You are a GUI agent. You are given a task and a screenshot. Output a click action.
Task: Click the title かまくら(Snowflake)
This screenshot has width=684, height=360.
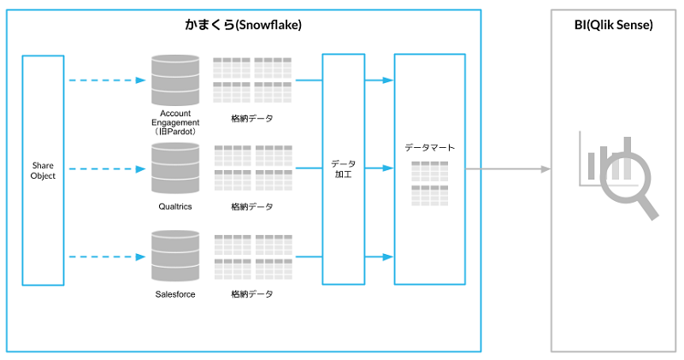[x=243, y=26]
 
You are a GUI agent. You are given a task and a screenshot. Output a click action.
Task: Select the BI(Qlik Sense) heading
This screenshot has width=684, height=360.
[x=613, y=26]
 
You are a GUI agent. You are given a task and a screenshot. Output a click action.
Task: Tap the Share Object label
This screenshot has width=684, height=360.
[x=43, y=170]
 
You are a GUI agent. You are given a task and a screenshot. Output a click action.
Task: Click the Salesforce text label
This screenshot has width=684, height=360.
[x=174, y=294]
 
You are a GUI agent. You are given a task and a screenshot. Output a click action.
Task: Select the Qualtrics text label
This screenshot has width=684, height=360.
[x=174, y=207]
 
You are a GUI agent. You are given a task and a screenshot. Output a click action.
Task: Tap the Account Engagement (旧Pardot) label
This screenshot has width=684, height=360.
[x=175, y=122]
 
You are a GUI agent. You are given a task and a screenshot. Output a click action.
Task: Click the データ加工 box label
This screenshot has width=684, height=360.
[x=344, y=169]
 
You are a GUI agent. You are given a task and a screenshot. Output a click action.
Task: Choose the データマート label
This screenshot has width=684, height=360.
[x=429, y=147]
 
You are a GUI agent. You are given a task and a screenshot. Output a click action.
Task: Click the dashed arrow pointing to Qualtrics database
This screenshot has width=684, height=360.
[x=107, y=169]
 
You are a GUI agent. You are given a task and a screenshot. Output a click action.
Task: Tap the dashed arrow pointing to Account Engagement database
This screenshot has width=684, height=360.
[x=107, y=80]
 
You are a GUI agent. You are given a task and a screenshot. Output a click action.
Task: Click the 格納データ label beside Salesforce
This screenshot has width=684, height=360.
[x=252, y=294]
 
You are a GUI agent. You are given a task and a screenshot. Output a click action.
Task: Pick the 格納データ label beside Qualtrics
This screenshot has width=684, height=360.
[x=252, y=207]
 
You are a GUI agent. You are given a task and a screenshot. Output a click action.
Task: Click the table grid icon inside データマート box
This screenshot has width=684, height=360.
[x=429, y=183]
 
